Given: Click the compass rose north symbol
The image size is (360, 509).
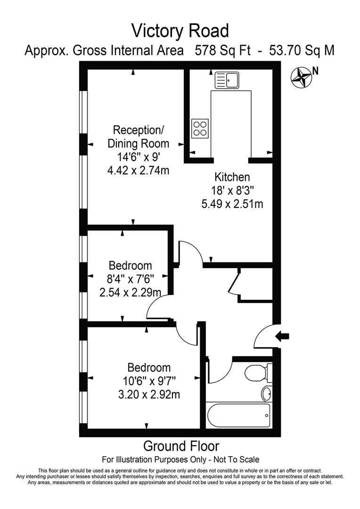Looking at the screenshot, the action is (301, 77).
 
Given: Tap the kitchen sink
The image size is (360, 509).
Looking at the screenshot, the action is (227, 80).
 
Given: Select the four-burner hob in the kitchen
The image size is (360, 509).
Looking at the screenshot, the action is (200, 129).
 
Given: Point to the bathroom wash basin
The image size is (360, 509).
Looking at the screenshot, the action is (267, 394).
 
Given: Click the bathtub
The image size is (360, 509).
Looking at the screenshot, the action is (238, 416).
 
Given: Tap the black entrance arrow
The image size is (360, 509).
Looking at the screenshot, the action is (282, 337).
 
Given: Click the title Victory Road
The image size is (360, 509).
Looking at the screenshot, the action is (180, 31).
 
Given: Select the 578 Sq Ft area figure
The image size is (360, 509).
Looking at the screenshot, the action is (223, 50).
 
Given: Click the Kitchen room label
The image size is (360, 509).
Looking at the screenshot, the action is (232, 177).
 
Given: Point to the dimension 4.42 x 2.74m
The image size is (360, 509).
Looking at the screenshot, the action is (138, 170).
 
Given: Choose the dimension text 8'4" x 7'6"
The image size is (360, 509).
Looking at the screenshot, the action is (130, 279).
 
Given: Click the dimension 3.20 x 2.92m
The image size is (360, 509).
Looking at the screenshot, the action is (149, 394).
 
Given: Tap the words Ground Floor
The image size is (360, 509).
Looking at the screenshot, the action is (181, 446).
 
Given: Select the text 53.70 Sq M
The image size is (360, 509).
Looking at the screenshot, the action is (302, 50).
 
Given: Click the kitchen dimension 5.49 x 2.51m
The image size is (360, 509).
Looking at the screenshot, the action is (232, 204).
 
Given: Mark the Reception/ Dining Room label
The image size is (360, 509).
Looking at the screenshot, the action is (138, 136).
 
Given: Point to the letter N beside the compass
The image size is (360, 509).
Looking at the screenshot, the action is (315, 71).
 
